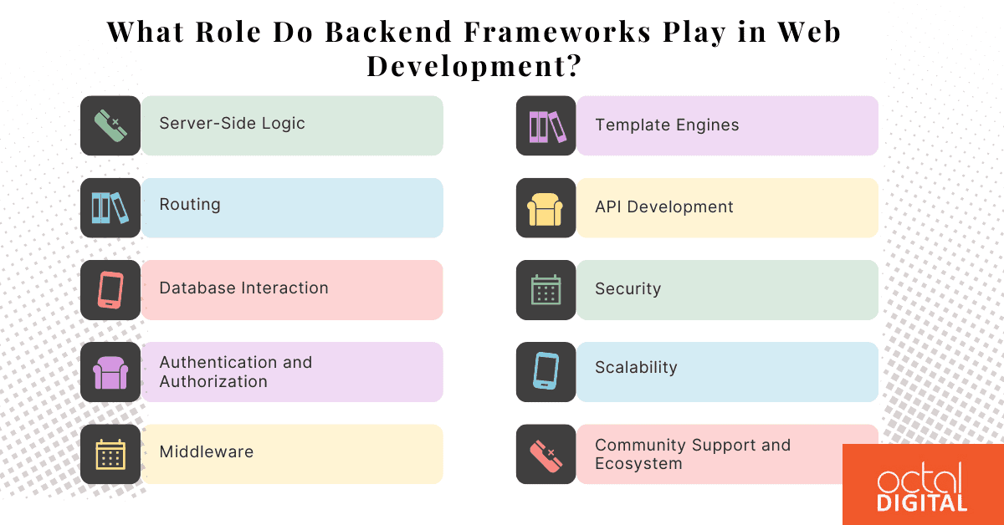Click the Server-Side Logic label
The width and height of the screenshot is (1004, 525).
click(232, 124)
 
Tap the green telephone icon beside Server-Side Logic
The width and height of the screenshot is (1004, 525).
click(110, 125)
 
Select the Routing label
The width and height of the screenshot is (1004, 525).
click(190, 205)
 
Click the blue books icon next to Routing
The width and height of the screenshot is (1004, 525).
click(110, 207)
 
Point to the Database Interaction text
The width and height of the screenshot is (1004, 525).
click(243, 288)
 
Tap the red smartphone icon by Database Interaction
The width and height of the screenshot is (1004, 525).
click(110, 289)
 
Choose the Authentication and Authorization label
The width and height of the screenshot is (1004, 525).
click(235, 372)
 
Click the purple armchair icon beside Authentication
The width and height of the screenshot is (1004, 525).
click(110, 372)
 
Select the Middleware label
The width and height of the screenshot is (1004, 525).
click(206, 452)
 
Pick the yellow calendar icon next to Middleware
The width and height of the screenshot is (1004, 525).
click(110, 454)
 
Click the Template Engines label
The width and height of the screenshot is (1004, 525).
click(667, 125)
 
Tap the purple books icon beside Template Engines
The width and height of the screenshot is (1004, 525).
click(546, 125)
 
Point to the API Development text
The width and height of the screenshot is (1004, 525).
click(663, 207)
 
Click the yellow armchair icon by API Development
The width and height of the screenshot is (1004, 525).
click(546, 208)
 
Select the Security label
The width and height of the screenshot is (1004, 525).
click(627, 289)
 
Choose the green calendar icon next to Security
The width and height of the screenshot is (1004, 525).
click(546, 290)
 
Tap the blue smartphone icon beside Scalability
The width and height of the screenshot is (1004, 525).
click(546, 372)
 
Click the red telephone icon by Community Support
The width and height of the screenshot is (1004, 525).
click(546, 454)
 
